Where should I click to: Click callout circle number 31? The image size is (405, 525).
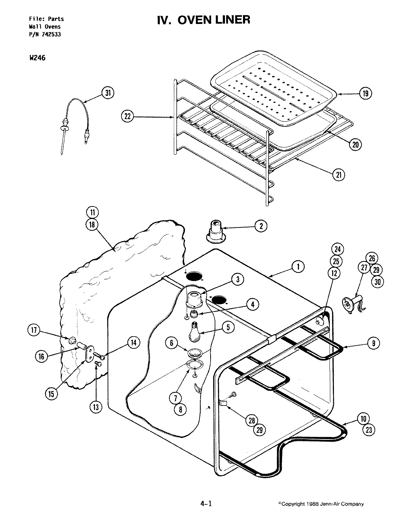click(x=107, y=93)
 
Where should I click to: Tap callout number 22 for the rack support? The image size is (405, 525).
click(x=127, y=117)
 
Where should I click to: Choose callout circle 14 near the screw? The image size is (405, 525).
click(x=133, y=343)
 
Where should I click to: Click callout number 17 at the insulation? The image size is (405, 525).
click(x=34, y=330)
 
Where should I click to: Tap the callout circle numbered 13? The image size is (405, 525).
click(x=96, y=407)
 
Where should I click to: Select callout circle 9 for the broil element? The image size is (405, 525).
click(x=373, y=343)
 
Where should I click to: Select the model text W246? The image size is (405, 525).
click(x=37, y=58)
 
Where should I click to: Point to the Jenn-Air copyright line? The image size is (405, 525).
click(x=321, y=504)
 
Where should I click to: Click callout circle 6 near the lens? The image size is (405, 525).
click(x=172, y=343)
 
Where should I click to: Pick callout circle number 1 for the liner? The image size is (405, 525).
click(x=297, y=266)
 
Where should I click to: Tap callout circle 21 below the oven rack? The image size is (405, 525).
click(x=338, y=175)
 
